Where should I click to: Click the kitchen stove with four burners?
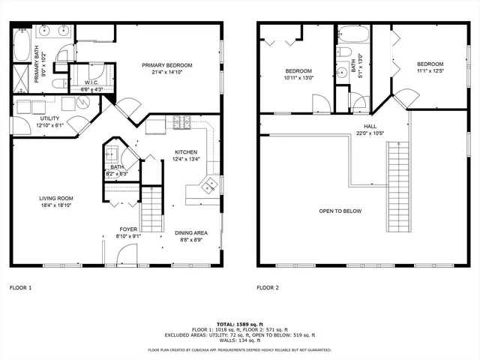182,121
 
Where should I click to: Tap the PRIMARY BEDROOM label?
168,65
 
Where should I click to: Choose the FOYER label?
128,229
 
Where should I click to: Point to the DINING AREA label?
191,232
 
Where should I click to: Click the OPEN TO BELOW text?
340,211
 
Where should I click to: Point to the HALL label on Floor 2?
370,126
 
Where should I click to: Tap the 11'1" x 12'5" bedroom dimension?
430,71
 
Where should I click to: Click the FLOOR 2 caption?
267,287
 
